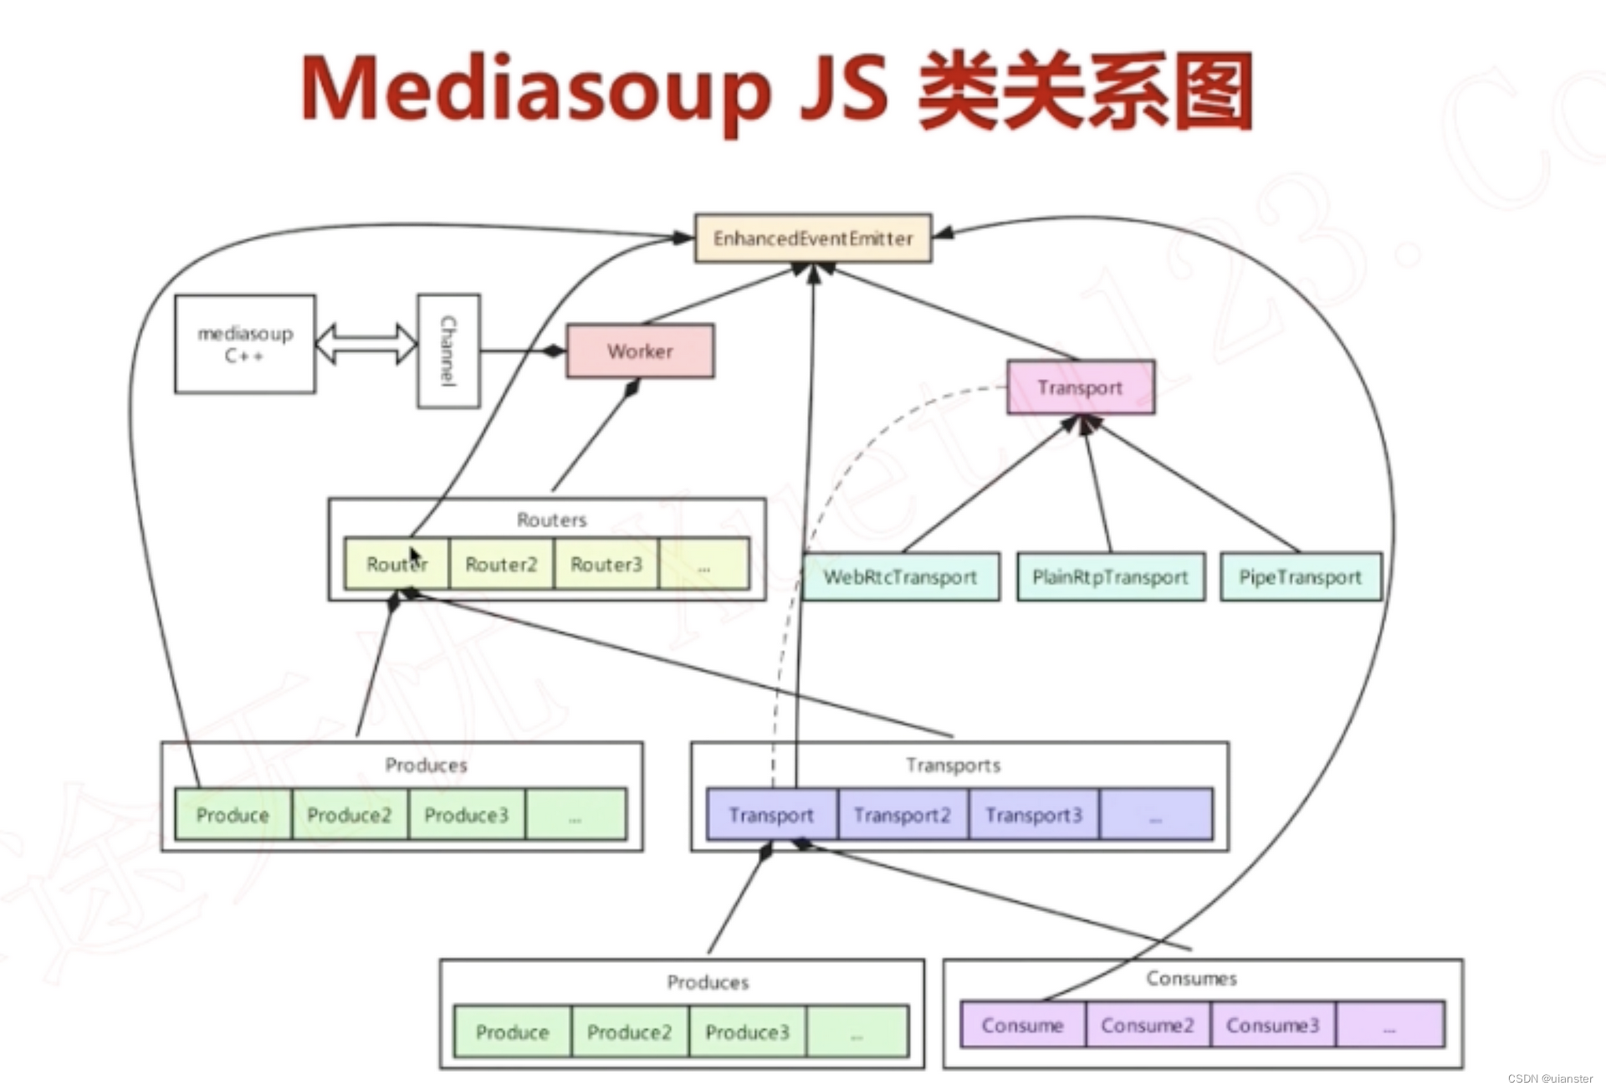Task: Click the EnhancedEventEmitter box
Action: pyautogui.click(x=812, y=238)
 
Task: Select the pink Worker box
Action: pyautogui.click(x=640, y=351)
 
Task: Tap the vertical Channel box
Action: pyautogui.click(x=448, y=351)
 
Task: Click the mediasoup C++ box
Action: pyautogui.click(x=245, y=344)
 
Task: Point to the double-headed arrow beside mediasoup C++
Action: pyautogui.click(x=366, y=344)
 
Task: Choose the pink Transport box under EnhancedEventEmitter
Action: pyautogui.click(x=1080, y=387)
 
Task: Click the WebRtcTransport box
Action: pyautogui.click(x=900, y=577)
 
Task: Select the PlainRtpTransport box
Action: pyautogui.click(x=1110, y=577)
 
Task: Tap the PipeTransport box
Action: pyautogui.click(x=1300, y=577)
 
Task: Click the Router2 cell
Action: pyautogui.click(x=501, y=565)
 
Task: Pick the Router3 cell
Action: pyautogui.click(x=606, y=565)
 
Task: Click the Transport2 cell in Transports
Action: pyautogui.click(x=902, y=815)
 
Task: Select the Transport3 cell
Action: pyautogui.click(x=1033, y=815)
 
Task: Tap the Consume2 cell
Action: pyautogui.click(x=1147, y=1026)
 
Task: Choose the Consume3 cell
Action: pyautogui.click(x=1272, y=1026)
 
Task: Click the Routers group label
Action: pyautogui.click(x=551, y=520)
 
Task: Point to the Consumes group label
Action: pyautogui.click(x=1191, y=978)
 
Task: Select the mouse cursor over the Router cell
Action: pyautogui.click(x=414, y=557)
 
